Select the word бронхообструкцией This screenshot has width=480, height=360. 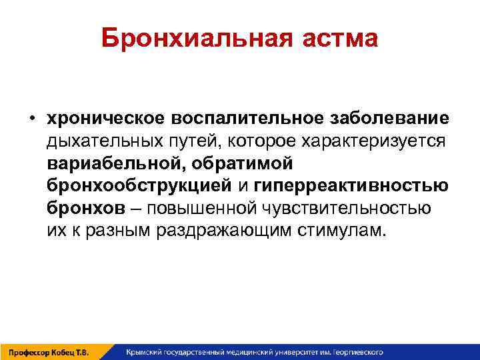[x=137, y=186]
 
